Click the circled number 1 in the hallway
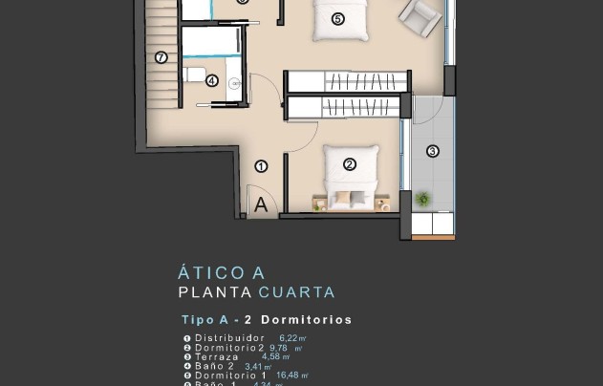pyautogui.click(x=261, y=165)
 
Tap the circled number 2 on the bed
pyautogui.click(x=350, y=164)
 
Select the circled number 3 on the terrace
pyautogui.click(x=432, y=150)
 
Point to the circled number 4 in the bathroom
pyautogui.click(x=211, y=81)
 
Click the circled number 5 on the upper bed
pyautogui.click(x=337, y=18)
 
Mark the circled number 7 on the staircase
pyautogui.click(x=161, y=57)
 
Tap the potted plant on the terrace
pyautogui.click(x=422, y=199)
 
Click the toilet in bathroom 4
pyautogui.click(x=194, y=75)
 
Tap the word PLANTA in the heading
pyautogui.click(x=215, y=292)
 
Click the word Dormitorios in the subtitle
pyautogui.click(x=306, y=320)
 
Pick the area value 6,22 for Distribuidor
pyautogui.click(x=290, y=338)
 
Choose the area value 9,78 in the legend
pyautogui.click(x=283, y=348)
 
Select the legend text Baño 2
pyautogui.click(x=215, y=366)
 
